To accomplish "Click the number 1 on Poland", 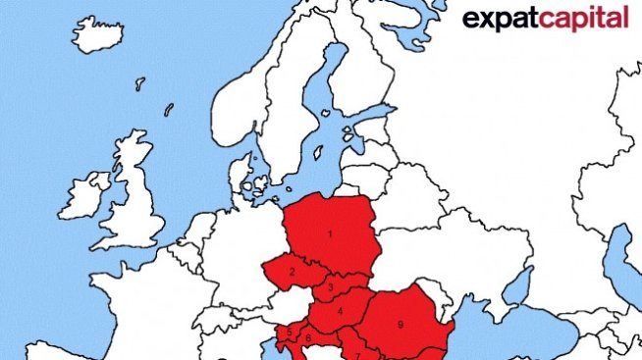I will click(x=330, y=233).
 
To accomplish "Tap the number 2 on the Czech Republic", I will click(x=293, y=271).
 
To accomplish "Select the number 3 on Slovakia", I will click(x=332, y=287).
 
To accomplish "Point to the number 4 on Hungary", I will click(x=340, y=312).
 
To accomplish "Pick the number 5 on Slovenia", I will click(x=289, y=331).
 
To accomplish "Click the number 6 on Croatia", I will click(x=308, y=338).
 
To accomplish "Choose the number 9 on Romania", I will click(x=401, y=323).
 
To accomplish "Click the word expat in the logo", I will click(x=498, y=19).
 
